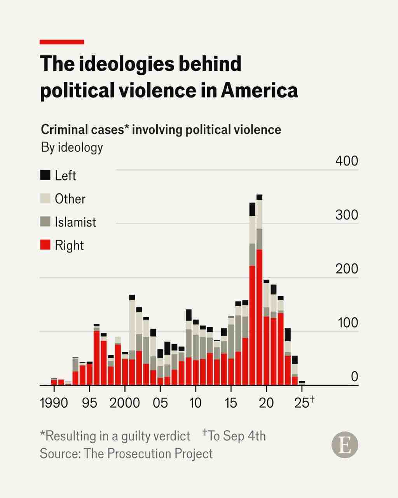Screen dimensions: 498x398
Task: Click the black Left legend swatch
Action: (45, 175)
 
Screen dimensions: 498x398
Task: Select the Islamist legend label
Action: (75, 222)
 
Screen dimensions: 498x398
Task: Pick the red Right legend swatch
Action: (45, 245)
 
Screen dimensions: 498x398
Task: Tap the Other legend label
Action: (70, 199)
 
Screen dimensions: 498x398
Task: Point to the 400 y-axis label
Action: (347, 161)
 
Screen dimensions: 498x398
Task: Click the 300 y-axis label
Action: (347, 215)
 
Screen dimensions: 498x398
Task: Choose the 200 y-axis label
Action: (347, 268)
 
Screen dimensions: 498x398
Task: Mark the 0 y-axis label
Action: (354, 376)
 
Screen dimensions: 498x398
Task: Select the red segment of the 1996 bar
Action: (97, 358)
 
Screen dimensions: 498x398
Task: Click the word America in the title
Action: (259, 90)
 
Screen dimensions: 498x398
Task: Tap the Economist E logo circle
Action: (345, 445)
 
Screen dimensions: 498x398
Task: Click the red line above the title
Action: (62, 42)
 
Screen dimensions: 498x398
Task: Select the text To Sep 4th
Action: (237, 436)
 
